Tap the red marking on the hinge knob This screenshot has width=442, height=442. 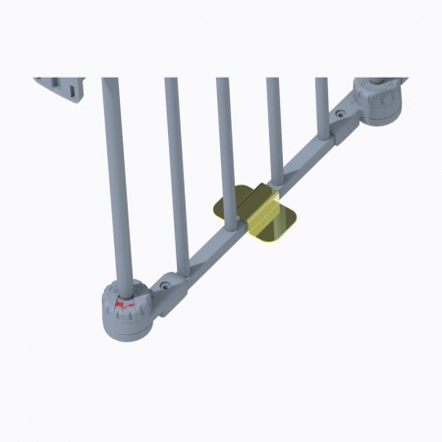(x=123, y=306)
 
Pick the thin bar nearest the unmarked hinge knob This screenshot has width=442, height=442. (x=321, y=98)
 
